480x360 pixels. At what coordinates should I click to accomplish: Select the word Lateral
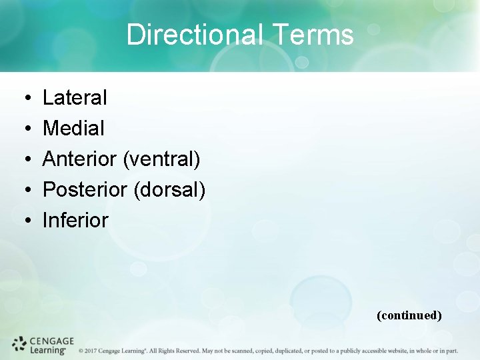click(75, 98)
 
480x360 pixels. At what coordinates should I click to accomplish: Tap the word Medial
click(73, 129)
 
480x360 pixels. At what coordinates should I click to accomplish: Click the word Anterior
click(80, 159)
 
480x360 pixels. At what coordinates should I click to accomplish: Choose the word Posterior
click(85, 190)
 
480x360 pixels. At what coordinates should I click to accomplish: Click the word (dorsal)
click(169, 190)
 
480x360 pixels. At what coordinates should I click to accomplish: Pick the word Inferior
click(75, 221)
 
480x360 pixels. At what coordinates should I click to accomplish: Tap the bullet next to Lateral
click(23, 99)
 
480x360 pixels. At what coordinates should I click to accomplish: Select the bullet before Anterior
click(23, 160)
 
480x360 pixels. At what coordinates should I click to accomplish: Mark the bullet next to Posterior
click(23, 191)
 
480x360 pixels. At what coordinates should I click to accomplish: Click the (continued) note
click(409, 315)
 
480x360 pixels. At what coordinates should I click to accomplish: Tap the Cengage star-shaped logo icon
click(19, 345)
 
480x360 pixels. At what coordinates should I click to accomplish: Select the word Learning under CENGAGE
click(47, 350)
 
